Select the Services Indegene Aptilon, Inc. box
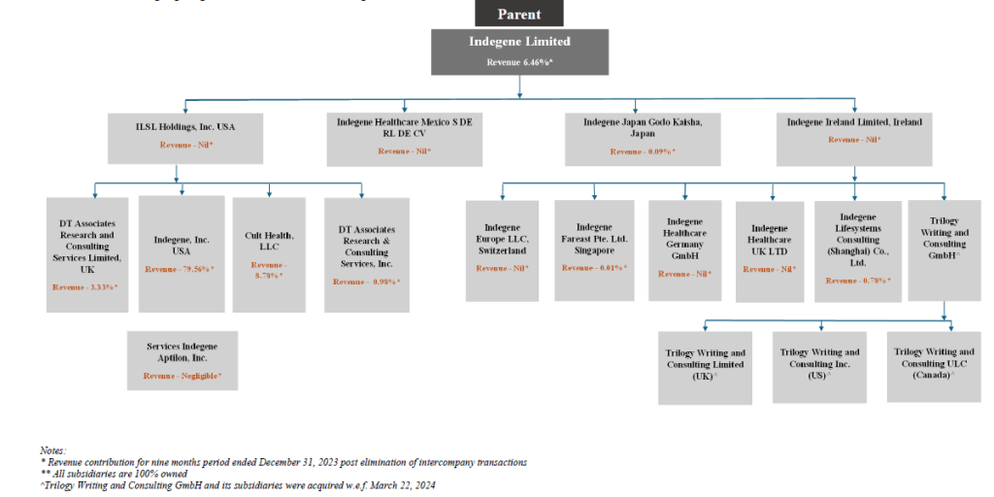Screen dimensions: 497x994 tap(182, 360)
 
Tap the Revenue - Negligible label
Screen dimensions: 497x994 tap(182, 375)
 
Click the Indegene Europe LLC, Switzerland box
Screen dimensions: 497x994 tap(502, 249)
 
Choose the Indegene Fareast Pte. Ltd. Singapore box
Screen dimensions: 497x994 tap(594, 249)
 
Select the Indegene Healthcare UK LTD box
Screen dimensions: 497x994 tap(770, 249)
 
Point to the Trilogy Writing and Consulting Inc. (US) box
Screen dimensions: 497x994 tap(819, 367)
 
